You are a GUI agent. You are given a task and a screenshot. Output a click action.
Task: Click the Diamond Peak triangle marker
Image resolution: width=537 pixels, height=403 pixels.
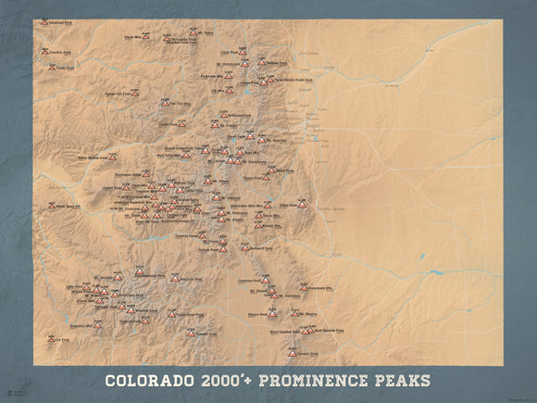[44, 21]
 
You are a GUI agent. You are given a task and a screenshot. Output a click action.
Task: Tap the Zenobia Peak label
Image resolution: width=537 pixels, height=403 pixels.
[63, 52]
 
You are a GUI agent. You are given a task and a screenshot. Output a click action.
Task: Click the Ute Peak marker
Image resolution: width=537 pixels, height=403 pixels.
[52, 339]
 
